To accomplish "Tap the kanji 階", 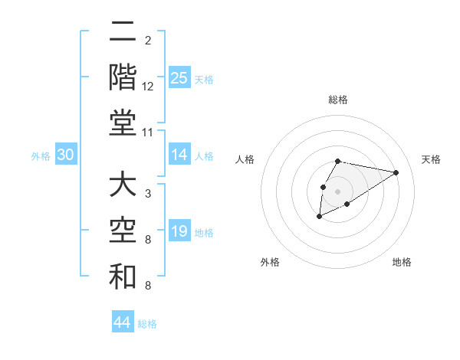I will click(123, 77).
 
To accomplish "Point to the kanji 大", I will click(123, 187).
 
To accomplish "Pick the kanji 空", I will click(123, 232).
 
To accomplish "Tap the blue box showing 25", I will click(179, 78).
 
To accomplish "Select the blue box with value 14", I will click(179, 155).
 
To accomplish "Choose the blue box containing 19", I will click(179, 231).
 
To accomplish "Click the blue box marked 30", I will click(66, 155).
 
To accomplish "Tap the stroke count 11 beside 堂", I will click(148, 132).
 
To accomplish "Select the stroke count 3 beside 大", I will click(148, 194).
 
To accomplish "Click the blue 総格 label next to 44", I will click(147, 324).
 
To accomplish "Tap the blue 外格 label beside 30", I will click(41, 156).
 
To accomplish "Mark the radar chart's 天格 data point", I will click(396, 172).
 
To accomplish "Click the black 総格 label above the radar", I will click(338, 100).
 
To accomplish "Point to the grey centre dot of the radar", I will click(337, 191).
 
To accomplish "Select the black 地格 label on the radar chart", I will click(402, 262).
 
